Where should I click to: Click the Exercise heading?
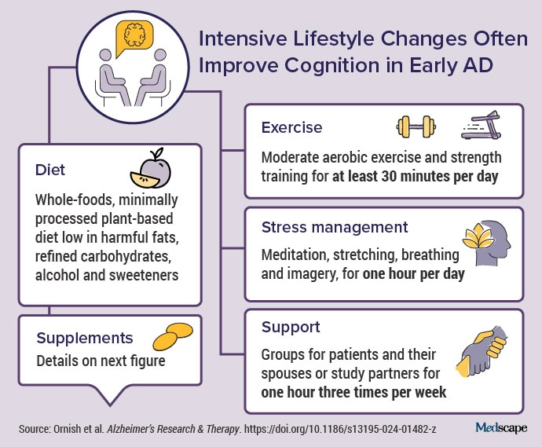pyautogui.click(x=291, y=127)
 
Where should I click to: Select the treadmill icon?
pyautogui.click(x=480, y=125)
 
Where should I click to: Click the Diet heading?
pyautogui.click(x=51, y=170)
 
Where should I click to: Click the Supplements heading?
pyautogui.click(x=84, y=339)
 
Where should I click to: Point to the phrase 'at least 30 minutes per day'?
pyautogui.click(x=414, y=177)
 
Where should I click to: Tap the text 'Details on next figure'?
pyautogui.click(x=101, y=362)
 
